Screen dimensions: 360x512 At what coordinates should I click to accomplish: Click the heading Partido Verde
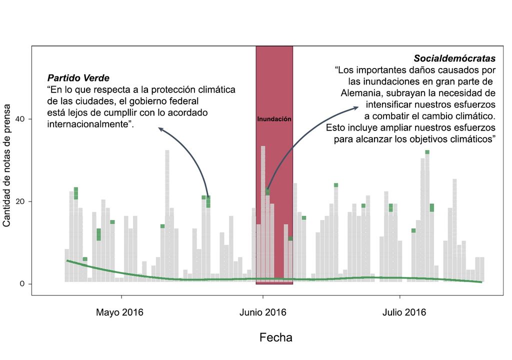click(78, 78)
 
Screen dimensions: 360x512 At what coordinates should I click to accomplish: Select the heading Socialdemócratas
click(454, 58)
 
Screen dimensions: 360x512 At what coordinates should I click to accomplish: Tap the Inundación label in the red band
click(274, 119)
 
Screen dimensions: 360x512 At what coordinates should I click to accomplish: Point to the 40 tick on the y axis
click(21, 119)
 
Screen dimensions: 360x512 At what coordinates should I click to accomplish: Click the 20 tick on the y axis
click(21, 201)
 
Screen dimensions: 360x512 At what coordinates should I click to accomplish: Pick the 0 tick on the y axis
click(23, 284)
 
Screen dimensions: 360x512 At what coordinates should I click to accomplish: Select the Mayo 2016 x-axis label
click(119, 313)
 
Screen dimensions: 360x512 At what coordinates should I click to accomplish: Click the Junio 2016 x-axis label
click(262, 313)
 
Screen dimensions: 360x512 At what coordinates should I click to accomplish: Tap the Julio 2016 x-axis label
click(404, 313)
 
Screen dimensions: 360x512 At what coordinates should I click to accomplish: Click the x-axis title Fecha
click(275, 337)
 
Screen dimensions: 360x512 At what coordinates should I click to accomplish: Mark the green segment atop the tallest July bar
click(427, 152)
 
